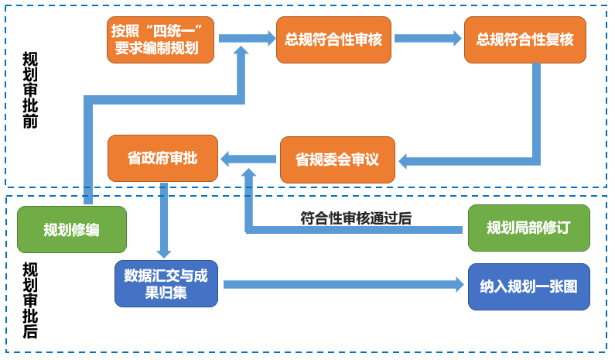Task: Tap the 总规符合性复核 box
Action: [524, 39]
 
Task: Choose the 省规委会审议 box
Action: [337, 159]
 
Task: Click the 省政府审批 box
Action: [162, 159]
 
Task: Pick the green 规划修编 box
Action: [71, 230]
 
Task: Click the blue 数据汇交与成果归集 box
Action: [166, 284]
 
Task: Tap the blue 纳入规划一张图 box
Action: [524, 285]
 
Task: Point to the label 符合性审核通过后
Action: [355, 218]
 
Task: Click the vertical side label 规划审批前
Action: [30, 90]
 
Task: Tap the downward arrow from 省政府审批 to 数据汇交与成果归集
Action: [163, 221]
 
